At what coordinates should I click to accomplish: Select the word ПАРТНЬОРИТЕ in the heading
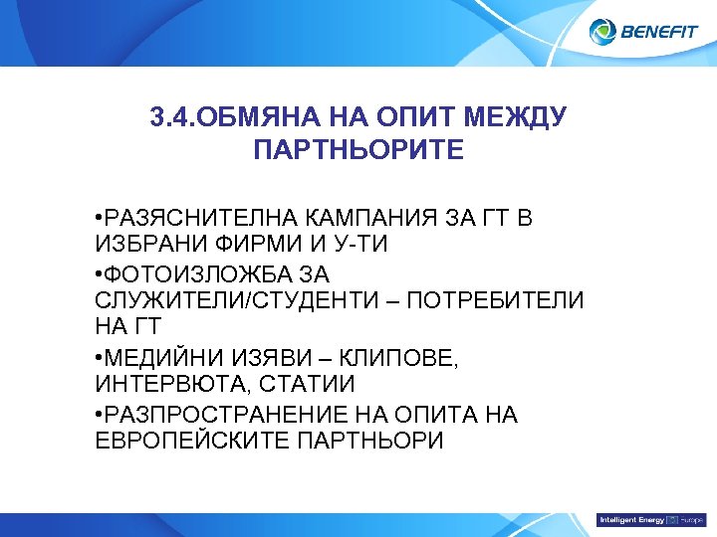click(x=358, y=151)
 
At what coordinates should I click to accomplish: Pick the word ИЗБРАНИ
click(x=143, y=245)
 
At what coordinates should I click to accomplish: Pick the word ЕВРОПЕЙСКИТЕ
click(x=192, y=441)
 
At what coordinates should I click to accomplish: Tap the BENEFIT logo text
click(x=660, y=32)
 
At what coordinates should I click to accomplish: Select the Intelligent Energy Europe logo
click(x=649, y=520)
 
